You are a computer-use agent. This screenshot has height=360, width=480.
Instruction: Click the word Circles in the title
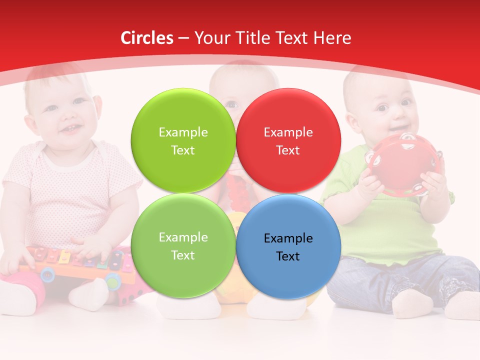point(147,38)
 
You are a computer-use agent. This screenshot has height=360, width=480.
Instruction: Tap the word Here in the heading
point(332,38)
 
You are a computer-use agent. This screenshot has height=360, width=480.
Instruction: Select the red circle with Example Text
point(288,140)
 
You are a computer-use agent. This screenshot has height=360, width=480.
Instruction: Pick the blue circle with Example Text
point(288,246)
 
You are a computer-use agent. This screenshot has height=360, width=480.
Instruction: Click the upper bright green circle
point(183,140)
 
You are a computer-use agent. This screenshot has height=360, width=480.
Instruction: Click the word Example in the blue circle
point(288,238)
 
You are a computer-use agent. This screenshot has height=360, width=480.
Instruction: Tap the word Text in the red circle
point(288,150)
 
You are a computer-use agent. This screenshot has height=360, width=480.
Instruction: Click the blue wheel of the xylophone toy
point(48,273)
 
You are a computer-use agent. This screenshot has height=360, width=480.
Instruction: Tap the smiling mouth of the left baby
point(70,129)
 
